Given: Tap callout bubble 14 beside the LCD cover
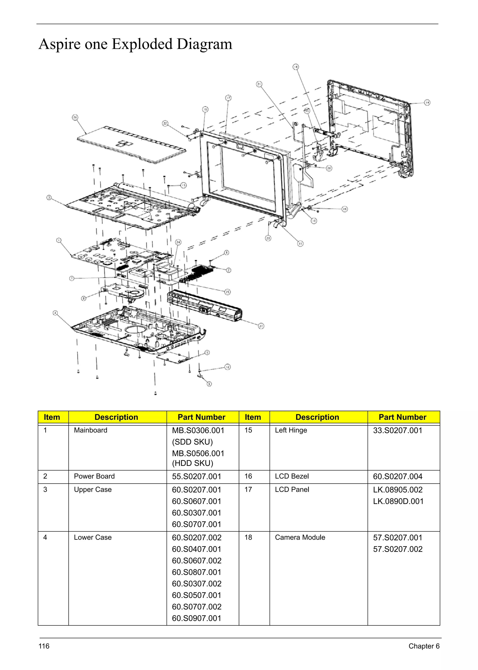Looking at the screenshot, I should coord(427,103).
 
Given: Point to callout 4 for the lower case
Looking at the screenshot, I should coord(55,313).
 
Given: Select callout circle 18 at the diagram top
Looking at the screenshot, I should coord(295,67).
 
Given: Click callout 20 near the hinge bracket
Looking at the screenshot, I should coord(329,168).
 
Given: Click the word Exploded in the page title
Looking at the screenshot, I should coord(143,44).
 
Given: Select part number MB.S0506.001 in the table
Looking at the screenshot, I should coord(198,453).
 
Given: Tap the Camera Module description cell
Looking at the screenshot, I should coord(300,537).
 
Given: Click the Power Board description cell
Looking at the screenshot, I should coord(94,476).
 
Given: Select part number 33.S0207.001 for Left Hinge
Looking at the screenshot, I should coord(397,431).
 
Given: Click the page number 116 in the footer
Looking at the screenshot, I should coord(44,646).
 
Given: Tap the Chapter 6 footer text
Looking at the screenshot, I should coord(424,646).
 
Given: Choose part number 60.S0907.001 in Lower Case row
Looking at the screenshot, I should coord(196,618).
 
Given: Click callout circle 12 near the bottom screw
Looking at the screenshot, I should coord(228,367).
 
